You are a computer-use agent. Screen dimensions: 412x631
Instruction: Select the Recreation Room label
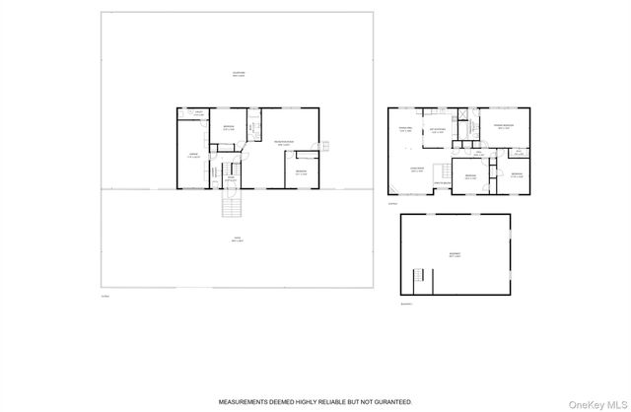(x=287, y=142)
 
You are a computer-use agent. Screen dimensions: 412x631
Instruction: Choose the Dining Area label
(x=404, y=128)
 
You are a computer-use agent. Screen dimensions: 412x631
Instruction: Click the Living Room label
(x=418, y=169)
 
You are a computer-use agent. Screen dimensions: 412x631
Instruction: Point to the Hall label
(x=478, y=153)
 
